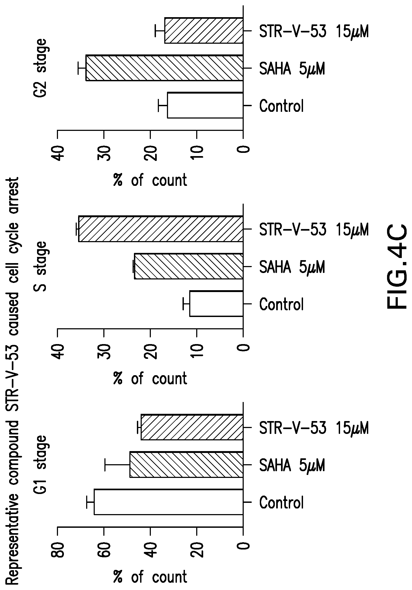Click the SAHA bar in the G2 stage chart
click(164, 68)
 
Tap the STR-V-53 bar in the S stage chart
click(161, 229)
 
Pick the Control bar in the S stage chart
click(216, 304)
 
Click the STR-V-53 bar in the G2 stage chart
click(204, 30)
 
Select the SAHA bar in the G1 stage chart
click(186, 464)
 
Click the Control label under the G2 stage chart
click(281, 106)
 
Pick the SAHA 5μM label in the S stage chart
click(292, 267)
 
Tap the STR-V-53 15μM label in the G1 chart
click(314, 428)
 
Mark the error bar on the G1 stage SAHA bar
click(117, 464)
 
